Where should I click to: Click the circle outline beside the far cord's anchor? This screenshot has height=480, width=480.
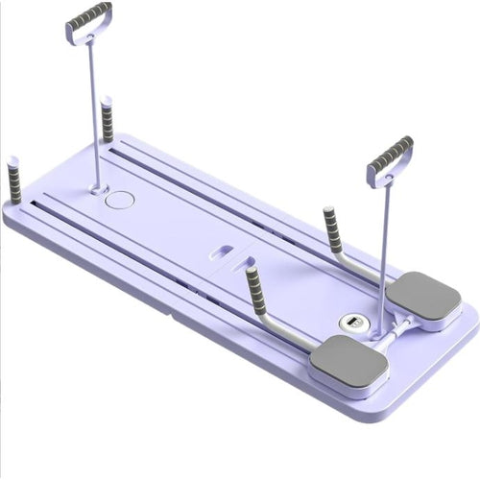click(122, 200)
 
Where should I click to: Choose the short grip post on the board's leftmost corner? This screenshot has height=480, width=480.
click(14, 182)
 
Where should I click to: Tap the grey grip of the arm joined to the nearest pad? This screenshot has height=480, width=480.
click(255, 287)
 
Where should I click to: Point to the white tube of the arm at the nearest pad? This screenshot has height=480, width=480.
click(288, 326)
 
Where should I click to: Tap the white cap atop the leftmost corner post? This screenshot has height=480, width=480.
click(12, 158)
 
